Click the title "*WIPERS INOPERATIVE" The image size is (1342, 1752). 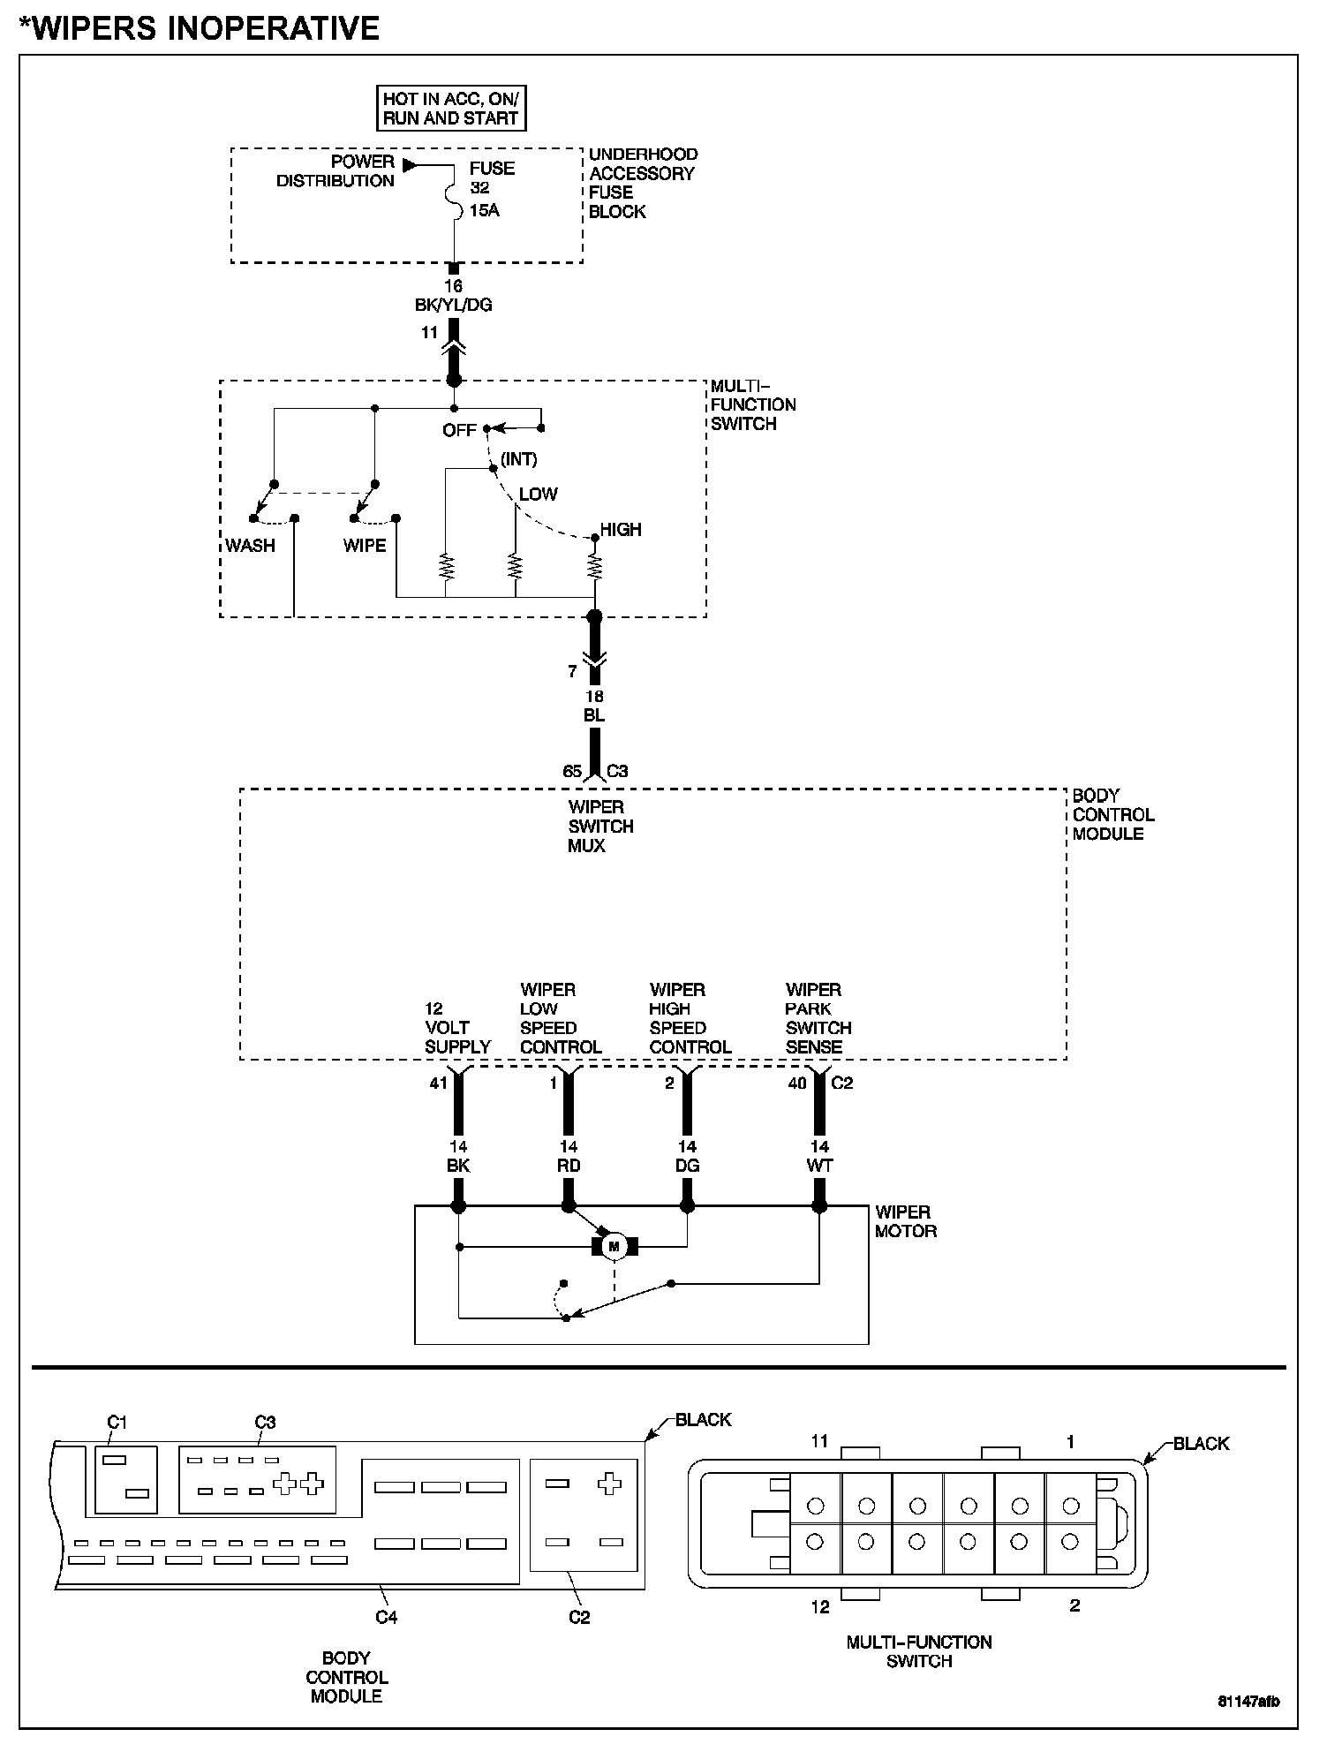tap(199, 28)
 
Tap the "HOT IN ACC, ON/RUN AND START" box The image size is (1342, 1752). tap(451, 109)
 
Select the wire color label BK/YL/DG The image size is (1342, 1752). tap(454, 306)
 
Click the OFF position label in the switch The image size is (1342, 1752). tap(459, 431)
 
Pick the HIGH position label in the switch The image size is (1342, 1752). tap(621, 530)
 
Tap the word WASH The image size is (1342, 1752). tap(250, 546)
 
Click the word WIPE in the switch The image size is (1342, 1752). tap(365, 546)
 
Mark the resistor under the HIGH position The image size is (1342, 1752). tap(595, 565)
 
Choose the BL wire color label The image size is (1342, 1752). tap(594, 716)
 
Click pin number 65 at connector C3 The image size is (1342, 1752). tap(572, 771)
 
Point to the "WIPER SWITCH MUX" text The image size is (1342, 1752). tap(600, 827)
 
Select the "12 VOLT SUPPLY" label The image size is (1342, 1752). tap(457, 1028)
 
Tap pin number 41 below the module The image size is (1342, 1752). tap(439, 1083)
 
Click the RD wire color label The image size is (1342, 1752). tap(569, 1166)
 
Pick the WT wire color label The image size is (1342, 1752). tap(819, 1166)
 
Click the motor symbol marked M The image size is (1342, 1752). tap(614, 1246)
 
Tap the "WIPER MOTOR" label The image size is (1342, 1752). tap(904, 1221)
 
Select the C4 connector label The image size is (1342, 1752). tap(387, 1617)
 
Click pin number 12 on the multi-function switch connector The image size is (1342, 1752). tap(820, 1606)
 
